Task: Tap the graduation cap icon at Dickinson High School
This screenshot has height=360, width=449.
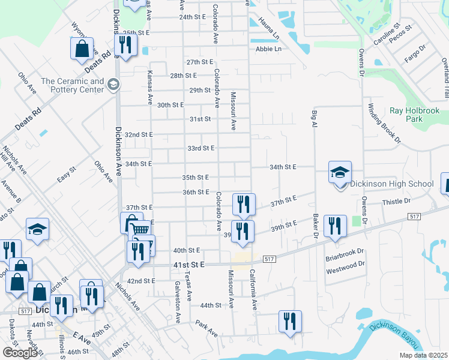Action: [x=340, y=172]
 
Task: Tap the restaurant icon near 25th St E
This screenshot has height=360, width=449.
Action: [x=125, y=45]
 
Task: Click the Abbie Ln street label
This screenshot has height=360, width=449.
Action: [x=268, y=49]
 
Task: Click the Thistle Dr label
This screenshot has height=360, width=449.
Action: [x=396, y=202]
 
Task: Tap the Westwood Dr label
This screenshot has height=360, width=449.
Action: [x=345, y=271]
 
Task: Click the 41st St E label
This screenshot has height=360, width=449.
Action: [x=190, y=265]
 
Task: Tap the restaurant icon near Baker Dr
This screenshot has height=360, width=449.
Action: [x=335, y=226]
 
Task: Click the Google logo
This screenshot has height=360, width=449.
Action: [x=20, y=352]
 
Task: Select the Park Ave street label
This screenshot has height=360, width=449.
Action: [x=206, y=328]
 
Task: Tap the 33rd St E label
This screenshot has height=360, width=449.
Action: [x=200, y=148]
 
